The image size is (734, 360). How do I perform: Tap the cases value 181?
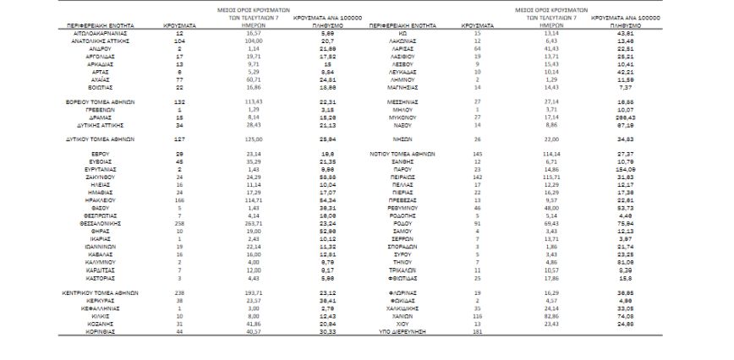point(479,332)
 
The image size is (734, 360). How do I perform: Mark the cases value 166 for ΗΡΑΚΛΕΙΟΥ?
point(179,199)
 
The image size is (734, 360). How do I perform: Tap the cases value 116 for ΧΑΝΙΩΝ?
point(479,316)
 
